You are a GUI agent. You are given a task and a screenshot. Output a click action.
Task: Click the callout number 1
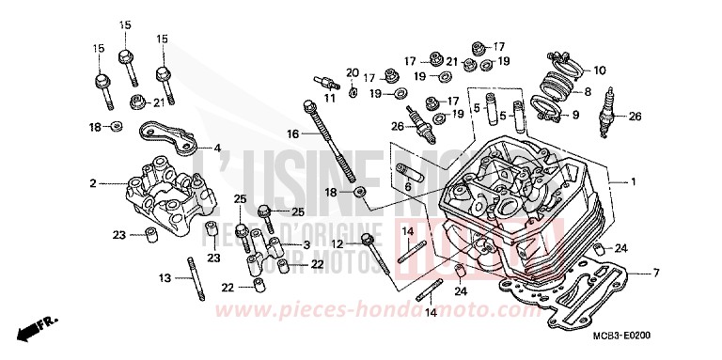pyautogui.click(x=634, y=181)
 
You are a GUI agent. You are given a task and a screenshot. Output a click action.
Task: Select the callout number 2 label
pyautogui.click(x=93, y=183)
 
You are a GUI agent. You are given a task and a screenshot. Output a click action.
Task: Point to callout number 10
pyautogui.click(x=601, y=70)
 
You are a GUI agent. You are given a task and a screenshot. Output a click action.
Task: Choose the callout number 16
pyautogui.click(x=292, y=134)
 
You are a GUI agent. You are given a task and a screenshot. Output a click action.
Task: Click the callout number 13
pyautogui.click(x=164, y=278)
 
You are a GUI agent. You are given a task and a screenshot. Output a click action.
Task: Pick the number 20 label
pyautogui.click(x=352, y=72)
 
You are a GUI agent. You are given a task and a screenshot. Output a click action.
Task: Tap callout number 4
pyautogui.click(x=217, y=148)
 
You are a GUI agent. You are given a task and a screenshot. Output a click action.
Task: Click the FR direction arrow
pyautogui.click(x=36, y=328)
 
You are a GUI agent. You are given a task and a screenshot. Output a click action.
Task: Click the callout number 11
pyautogui.click(x=329, y=98)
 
